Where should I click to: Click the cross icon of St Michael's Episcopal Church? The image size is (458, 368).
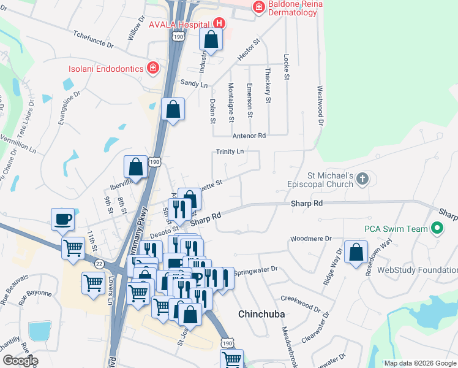click(362, 178)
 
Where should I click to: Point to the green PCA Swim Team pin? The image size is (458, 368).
click(436, 229)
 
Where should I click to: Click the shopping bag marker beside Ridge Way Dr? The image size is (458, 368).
click(356, 251)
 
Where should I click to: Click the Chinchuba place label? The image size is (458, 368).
click(261, 314)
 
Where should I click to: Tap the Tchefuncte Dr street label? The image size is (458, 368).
click(94, 40)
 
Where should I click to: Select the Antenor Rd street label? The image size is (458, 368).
click(249, 135)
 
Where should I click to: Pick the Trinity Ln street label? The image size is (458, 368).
click(230, 151)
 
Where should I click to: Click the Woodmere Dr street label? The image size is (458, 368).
click(311, 238)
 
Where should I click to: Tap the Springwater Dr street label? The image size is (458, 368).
click(257, 269)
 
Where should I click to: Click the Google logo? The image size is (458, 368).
click(20, 361)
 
